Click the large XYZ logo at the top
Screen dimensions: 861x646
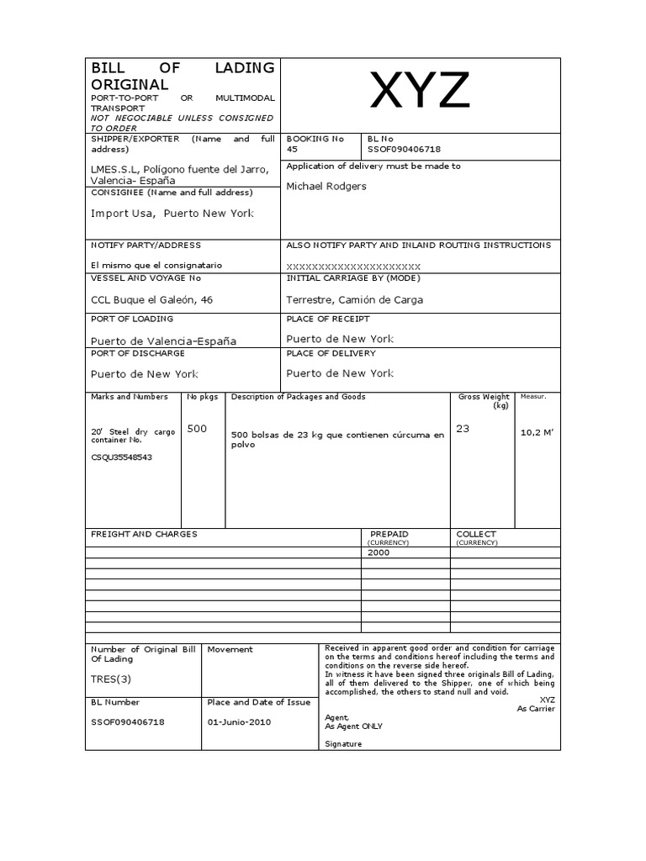coord(421,92)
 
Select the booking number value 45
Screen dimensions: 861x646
coord(292,149)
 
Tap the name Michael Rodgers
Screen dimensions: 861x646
coord(326,186)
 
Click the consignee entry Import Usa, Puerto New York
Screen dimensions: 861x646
coord(172,214)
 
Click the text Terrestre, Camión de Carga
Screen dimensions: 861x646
coord(354,299)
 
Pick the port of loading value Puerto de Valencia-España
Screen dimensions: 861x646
coord(163,341)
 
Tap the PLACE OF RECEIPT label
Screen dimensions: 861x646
coord(327,319)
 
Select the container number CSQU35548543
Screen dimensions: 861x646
coord(123,457)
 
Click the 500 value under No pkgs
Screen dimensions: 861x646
coord(197,429)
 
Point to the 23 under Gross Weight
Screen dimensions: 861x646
coord(463,429)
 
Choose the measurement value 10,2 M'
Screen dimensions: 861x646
coord(537,434)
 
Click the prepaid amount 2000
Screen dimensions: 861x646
coord(379,552)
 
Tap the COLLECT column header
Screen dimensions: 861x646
coord(476,534)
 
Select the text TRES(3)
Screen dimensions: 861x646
coord(112,679)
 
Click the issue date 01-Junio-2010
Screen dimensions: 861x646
coord(239,721)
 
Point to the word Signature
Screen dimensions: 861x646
coord(343,744)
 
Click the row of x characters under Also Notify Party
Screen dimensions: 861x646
coord(353,265)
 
